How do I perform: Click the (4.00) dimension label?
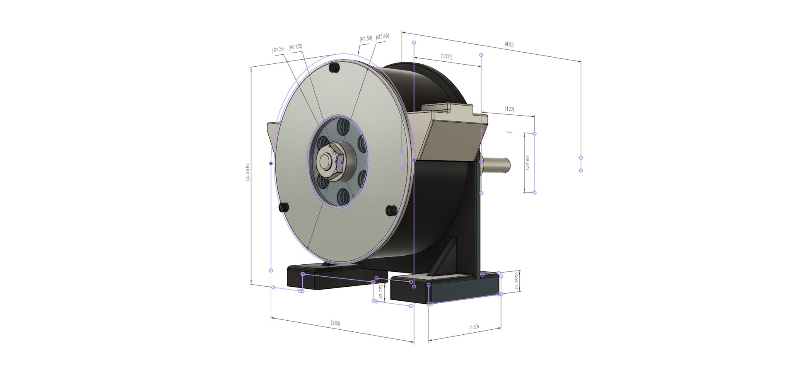click(x=509, y=44)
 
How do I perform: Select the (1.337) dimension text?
click(x=446, y=56)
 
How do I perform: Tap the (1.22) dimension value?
click(x=509, y=109)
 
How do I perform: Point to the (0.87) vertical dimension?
click(x=527, y=163)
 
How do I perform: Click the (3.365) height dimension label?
click(x=248, y=172)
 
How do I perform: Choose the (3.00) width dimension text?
click(x=335, y=323)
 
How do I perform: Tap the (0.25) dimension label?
click(x=381, y=292)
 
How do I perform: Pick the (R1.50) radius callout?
click(x=366, y=39)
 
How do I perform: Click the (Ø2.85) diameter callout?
click(x=383, y=36)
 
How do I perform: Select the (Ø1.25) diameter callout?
click(x=278, y=49)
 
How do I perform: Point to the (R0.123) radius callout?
click(x=296, y=47)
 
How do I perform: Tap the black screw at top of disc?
click(x=334, y=68)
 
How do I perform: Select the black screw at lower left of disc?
click(x=284, y=207)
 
